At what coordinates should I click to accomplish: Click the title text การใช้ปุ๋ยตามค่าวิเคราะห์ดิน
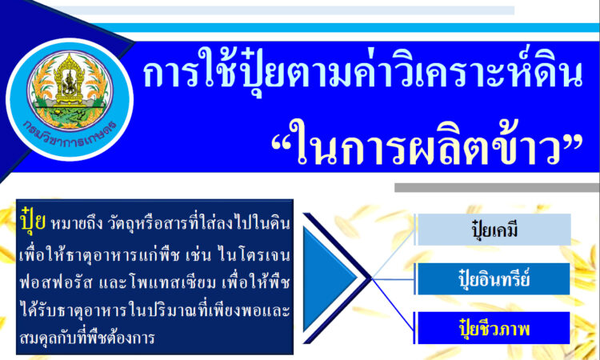tap(362, 74)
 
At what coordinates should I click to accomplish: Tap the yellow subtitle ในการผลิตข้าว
tap(426, 142)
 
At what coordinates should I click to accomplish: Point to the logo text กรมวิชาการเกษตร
tap(70, 135)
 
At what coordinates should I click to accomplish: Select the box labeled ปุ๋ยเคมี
tap(494, 230)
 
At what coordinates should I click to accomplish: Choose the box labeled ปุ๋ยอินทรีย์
tap(494, 279)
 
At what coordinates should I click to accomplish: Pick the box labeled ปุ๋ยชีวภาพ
tap(494, 328)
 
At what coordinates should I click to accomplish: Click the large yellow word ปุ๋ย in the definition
tap(34, 220)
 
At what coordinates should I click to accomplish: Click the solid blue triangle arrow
tap(329, 278)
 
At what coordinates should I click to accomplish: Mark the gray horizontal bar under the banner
tap(497, 187)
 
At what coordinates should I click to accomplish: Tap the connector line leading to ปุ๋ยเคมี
tap(393, 254)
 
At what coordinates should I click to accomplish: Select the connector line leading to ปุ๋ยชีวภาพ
tap(393, 303)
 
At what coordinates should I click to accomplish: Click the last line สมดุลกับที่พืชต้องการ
tap(86, 338)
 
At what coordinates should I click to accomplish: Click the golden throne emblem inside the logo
tap(70, 80)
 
